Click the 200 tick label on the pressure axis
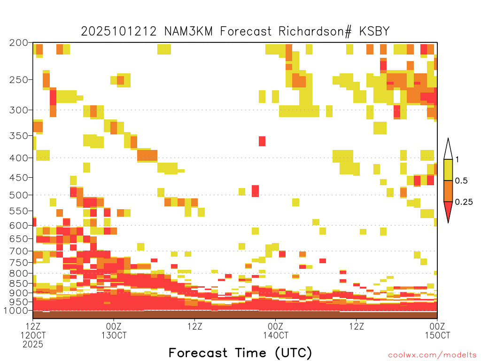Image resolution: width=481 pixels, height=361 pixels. (18, 43)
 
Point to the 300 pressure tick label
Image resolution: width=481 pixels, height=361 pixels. (18, 110)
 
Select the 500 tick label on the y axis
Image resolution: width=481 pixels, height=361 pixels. (18, 195)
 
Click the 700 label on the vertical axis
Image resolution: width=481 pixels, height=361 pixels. (18, 251)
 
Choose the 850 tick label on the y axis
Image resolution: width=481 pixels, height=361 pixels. (18, 283)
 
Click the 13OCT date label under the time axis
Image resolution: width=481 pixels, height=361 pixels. (114, 335)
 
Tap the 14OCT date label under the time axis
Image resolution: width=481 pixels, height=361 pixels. (275, 335)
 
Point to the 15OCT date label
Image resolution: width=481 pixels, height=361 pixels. (437, 335)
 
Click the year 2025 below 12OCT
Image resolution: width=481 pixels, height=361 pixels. (33, 345)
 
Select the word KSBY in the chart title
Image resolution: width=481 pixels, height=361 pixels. (374, 31)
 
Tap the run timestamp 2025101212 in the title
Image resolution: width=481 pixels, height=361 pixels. (119, 31)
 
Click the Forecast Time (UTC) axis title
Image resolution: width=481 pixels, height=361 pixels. (240, 353)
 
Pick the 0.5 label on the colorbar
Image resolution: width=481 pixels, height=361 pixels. (461, 180)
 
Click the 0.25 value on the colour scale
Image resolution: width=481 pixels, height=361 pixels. (464, 202)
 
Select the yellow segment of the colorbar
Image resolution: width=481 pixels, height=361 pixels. (448, 170)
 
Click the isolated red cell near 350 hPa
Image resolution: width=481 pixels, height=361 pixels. (262, 141)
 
